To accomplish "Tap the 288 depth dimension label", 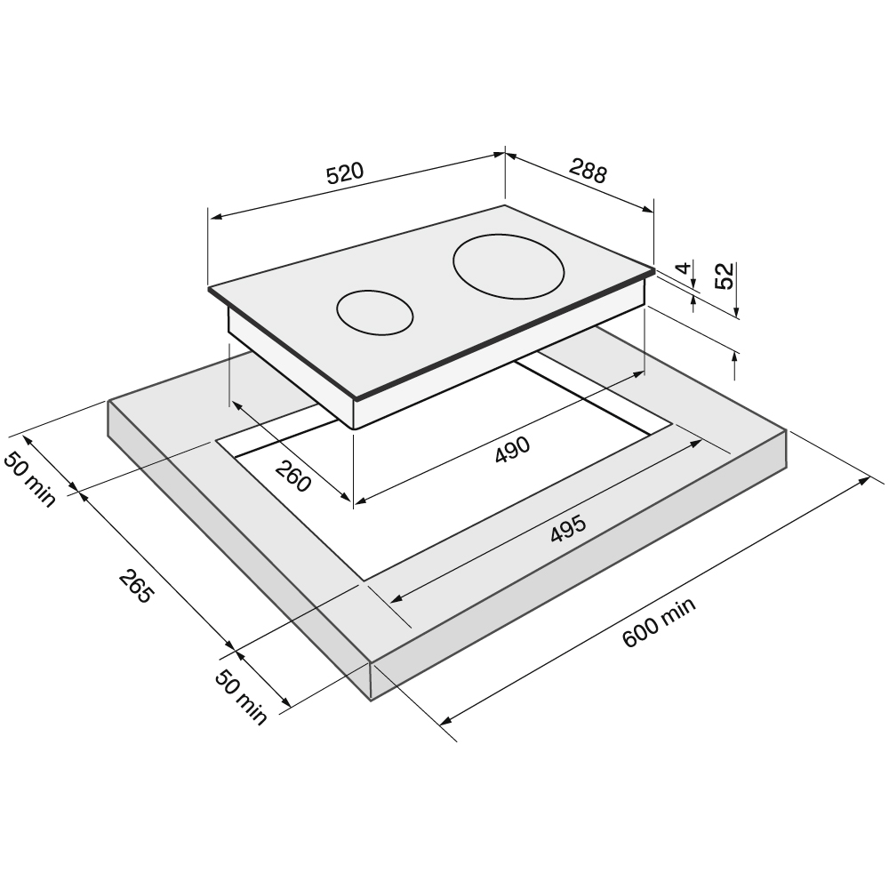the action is pos(588,171).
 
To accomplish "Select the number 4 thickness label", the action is pos(685,268).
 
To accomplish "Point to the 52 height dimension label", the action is pos(725,276).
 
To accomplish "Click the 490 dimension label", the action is pos(512,449).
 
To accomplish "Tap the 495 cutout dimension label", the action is pos(568,529).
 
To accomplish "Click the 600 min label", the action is pos(659,622).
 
